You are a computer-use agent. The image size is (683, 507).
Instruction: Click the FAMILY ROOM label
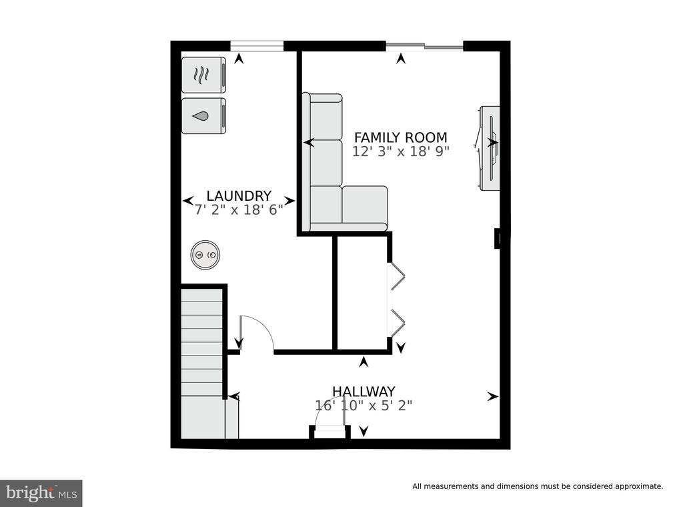[x=400, y=137]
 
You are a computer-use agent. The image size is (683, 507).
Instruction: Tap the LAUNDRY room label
[x=239, y=195]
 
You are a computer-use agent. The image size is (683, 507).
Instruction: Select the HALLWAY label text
[x=364, y=391]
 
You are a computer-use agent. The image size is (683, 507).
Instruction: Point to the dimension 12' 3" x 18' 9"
[x=400, y=151]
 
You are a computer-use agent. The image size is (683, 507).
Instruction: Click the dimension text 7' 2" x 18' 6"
[x=239, y=210]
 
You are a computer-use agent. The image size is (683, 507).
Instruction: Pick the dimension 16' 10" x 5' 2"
[x=364, y=406]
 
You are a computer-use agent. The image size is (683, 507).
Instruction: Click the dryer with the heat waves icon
[x=203, y=75]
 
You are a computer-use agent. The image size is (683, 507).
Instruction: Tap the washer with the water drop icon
[x=203, y=116]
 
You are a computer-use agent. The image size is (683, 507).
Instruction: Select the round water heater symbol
[x=205, y=255]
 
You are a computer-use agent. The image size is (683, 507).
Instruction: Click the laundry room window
[x=257, y=46]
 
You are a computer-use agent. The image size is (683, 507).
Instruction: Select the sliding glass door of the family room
[x=424, y=45]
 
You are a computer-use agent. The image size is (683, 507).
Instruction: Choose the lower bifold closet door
[x=398, y=323]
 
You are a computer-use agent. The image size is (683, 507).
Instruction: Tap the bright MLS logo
[x=41, y=493]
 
